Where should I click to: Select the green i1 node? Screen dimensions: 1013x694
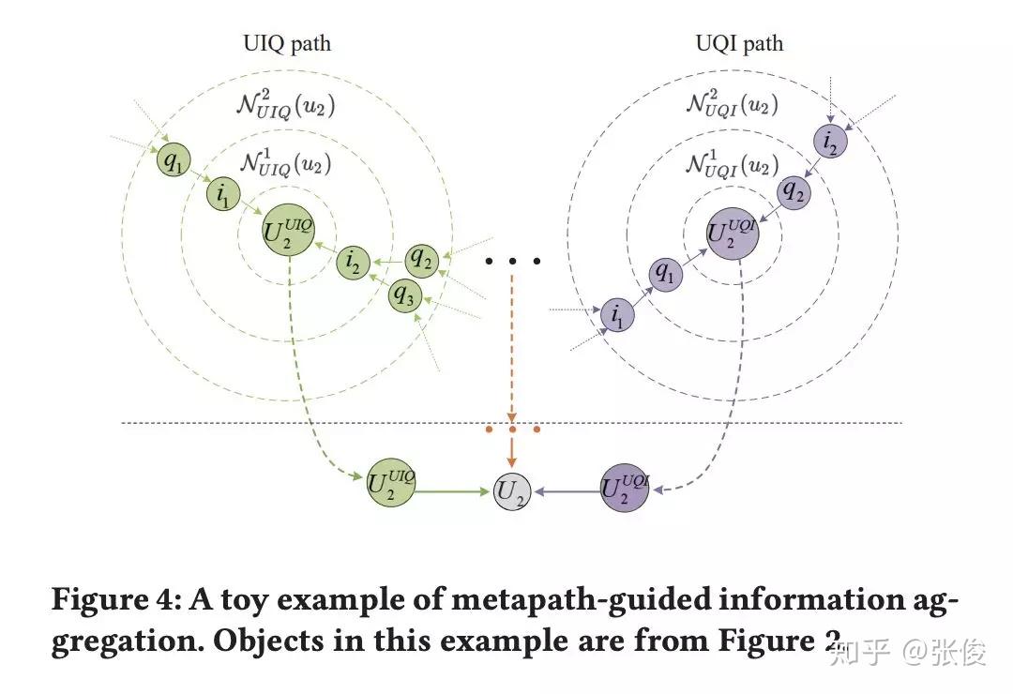[x=223, y=194]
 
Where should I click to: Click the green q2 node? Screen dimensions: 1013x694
[x=421, y=258]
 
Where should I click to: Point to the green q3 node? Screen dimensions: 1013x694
[x=404, y=295]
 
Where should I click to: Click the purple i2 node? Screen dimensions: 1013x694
[x=830, y=142]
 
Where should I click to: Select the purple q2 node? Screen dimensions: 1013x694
[x=794, y=192]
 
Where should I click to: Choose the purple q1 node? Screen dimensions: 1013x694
[x=665, y=273]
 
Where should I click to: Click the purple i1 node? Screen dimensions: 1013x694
[x=617, y=315]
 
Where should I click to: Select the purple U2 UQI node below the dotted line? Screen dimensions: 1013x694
[x=625, y=489]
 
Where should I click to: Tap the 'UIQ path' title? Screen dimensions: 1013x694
[x=286, y=43]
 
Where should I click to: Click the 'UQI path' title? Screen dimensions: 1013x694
[x=740, y=43]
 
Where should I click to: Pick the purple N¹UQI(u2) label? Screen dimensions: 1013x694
[x=732, y=165]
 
